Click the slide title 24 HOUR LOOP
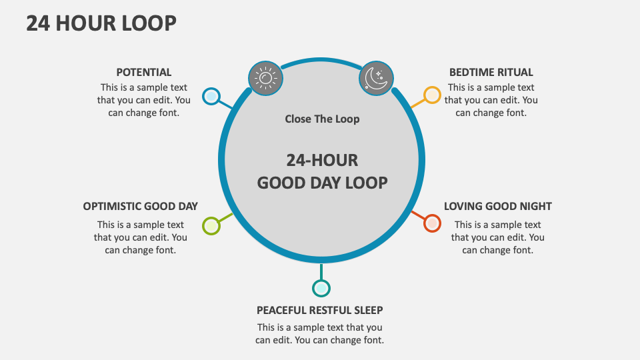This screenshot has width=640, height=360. click(101, 23)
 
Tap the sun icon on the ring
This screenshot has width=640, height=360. click(265, 78)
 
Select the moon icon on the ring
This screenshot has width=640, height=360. click(377, 78)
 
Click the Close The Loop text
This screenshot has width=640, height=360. click(322, 119)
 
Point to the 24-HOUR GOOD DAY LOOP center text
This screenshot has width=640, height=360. click(322, 171)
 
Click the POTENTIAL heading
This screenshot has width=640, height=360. click(144, 72)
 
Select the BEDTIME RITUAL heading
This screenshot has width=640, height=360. click(491, 72)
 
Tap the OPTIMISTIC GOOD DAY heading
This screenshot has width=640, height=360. click(140, 206)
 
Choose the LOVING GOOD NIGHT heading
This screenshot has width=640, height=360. click(497, 206)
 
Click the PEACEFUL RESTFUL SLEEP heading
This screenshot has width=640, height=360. click(319, 310)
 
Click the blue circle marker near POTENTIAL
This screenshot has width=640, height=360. click(211, 97)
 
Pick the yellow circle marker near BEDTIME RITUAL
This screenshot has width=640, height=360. click(432, 95)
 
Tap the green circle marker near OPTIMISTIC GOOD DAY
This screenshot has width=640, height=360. click(211, 226)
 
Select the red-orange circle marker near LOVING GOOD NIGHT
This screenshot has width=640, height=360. click(432, 223)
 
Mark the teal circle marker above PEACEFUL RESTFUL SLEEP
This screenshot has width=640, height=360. click(321, 288)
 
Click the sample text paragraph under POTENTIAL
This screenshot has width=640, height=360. click(144, 100)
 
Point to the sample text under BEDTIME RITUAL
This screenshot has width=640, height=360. click(491, 100)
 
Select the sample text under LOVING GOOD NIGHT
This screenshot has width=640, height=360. click(497, 237)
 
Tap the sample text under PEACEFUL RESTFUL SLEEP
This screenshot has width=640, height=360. click(319, 333)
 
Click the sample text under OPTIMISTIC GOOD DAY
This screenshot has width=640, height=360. click(140, 237)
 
